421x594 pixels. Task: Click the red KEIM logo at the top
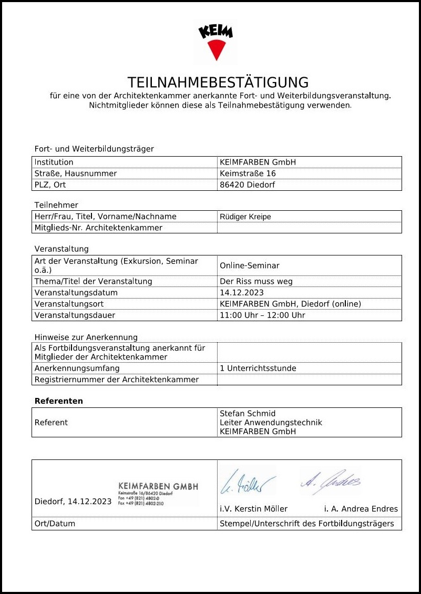tap(215, 41)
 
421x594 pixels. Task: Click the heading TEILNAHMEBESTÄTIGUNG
tap(218, 83)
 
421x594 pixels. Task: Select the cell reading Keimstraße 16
tap(248, 173)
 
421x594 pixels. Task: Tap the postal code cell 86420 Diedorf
tap(247, 185)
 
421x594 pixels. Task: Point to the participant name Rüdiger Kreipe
tap(245, 217)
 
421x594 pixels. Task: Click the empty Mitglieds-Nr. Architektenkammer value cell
tap(309, 228)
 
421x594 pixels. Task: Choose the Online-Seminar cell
tap(249, 265)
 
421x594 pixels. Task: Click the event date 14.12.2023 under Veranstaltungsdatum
tap(242, 293)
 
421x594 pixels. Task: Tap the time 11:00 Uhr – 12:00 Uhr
tap(262, 315)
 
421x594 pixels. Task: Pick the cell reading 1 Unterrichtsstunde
tap(258, 368)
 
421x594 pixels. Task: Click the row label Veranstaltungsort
tap(69, 304)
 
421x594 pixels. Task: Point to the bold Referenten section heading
tap(59, 401)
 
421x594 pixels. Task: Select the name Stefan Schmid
tap(248, 414)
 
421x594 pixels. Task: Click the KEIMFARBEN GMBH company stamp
tap(158, 493)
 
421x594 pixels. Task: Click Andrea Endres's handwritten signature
tap(330, 478)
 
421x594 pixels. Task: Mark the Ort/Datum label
tap(55, 524)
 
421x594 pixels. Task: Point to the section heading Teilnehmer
tap(56, 205)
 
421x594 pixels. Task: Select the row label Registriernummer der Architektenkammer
tap(117, 380)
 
